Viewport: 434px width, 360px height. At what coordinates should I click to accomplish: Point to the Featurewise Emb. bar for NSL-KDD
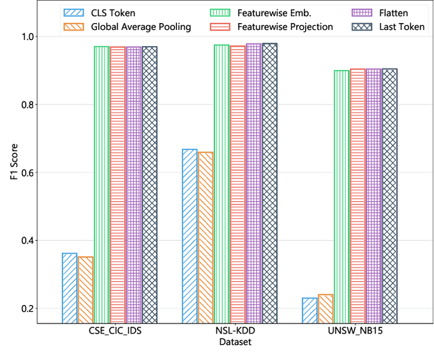pyautogui.click(x=222, y=183)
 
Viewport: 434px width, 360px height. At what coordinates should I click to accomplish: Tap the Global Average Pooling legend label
pyautogui.click(x=139, y=26)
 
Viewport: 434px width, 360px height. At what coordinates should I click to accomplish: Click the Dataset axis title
pyautogui.click(x=235, y=344)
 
